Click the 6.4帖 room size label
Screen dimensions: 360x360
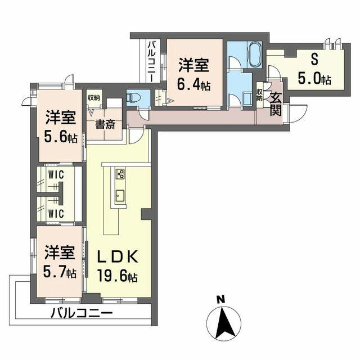tap(195, 86)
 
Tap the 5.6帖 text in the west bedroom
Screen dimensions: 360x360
tap(61, 137)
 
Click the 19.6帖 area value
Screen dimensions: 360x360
tap(116, 277)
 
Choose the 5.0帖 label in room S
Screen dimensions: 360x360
tap(314, 78)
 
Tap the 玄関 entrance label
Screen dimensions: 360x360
tap(275, 104)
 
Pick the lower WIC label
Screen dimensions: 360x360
tap(55, 213)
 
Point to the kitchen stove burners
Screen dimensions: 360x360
tap(120, 174)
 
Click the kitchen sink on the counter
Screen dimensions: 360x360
tap(120, 196)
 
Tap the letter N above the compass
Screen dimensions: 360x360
tap(222, 298)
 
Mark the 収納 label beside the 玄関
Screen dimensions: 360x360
tap(259, 94)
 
